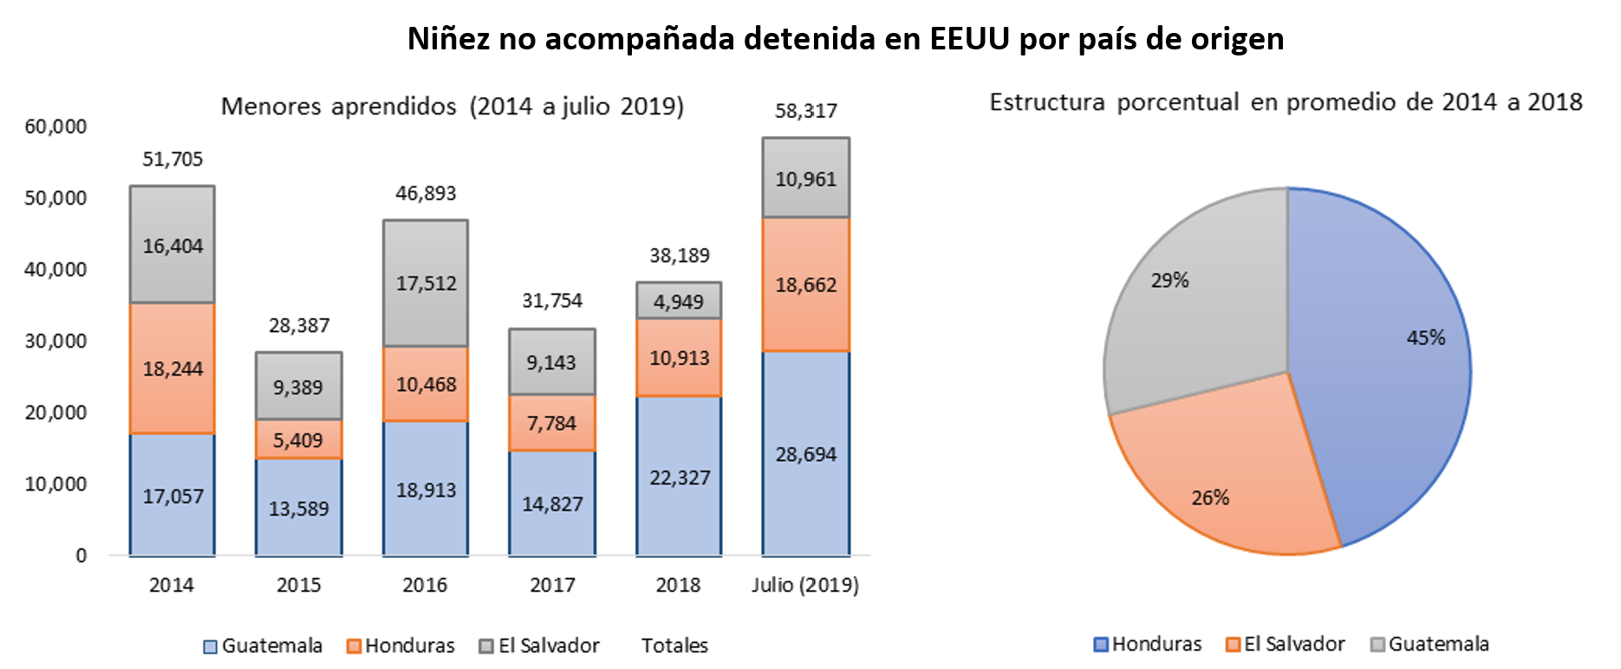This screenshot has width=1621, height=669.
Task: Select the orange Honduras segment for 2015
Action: click(298, 440)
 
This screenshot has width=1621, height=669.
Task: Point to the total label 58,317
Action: click(805, 111)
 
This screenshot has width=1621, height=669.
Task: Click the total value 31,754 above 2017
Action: click(552, 301)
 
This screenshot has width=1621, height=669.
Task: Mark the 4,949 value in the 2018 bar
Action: click(679, 302)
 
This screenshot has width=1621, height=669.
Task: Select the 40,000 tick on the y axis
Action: click(55, 270)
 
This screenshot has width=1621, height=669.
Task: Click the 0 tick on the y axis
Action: click(81, 555)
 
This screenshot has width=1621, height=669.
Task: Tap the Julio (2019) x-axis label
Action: click(805, 585)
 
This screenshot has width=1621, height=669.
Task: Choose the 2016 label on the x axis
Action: click(425, 585)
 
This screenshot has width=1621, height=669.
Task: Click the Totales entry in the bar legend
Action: click(674, 646)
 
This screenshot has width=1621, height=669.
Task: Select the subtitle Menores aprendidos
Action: click(338, 107)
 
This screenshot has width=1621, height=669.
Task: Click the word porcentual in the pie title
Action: click(1177, 102)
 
